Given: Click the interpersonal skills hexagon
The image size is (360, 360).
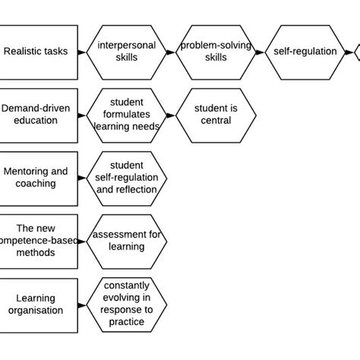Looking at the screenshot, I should (127, 52).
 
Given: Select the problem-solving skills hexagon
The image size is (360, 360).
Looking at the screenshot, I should (215, 52).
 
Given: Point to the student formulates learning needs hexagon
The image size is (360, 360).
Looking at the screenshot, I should (127, 114).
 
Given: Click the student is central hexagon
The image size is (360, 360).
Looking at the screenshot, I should (215, 114).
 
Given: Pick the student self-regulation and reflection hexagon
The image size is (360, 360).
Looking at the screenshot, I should (127, 177).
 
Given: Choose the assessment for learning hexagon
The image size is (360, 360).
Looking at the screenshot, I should (127, 241).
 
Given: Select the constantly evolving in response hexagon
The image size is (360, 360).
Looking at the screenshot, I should (127, 304).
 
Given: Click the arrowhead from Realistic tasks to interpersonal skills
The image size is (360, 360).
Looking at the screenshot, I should (82, 52).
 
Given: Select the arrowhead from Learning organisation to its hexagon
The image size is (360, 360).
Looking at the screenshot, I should (82, 304).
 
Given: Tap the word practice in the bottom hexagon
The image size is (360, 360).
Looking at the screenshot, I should (127, 322).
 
